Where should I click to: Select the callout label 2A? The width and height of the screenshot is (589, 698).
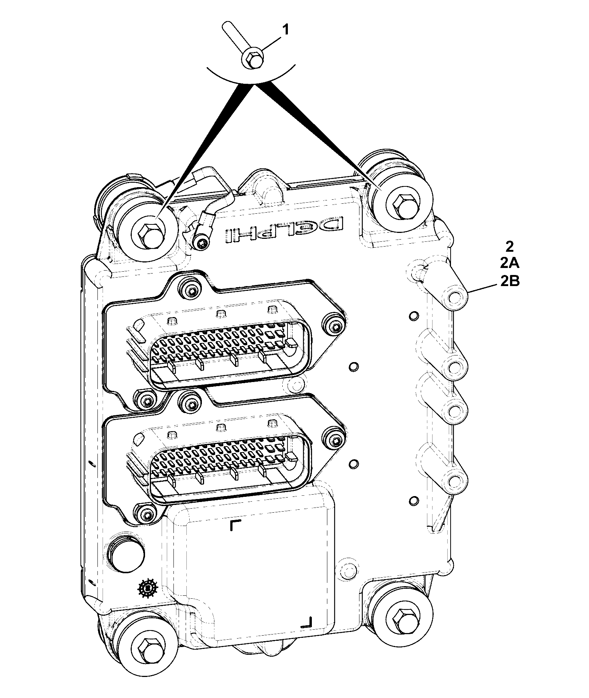[x=510, y=264]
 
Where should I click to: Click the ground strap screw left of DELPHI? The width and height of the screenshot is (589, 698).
[x=202, y=243]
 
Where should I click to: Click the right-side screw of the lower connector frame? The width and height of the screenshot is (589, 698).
[x=335, y=440]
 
